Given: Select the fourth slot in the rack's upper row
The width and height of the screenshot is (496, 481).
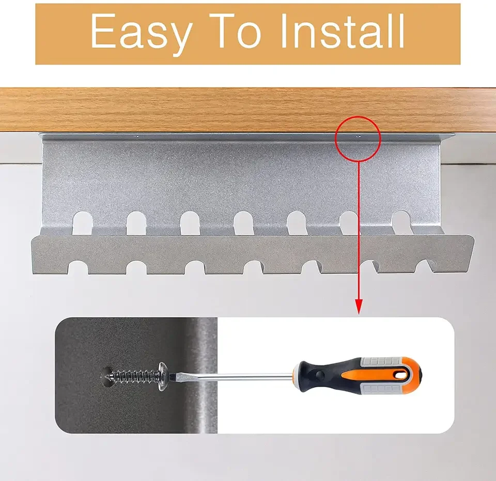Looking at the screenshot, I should [x=243, y=222].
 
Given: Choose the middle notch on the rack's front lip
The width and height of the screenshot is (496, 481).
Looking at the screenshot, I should [x=253, y=267].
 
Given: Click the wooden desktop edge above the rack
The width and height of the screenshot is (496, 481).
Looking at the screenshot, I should [x=207, y=110].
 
